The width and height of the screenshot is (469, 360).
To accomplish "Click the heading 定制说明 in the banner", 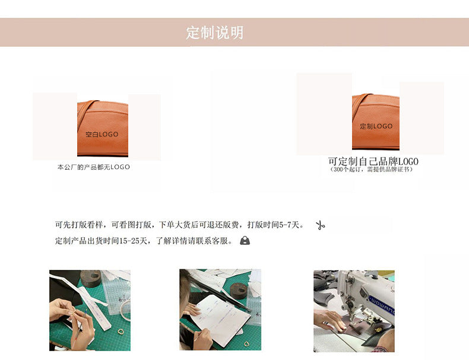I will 215,33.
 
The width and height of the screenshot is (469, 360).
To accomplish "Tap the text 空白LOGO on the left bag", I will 102,135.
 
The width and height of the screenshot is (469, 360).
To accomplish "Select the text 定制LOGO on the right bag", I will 376,126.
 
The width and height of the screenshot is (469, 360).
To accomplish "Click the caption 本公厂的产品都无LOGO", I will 93,167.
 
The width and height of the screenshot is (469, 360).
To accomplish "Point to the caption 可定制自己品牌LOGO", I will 373,161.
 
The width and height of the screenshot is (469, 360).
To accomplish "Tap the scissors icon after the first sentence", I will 321,225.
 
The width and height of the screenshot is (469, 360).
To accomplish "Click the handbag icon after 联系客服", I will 245,241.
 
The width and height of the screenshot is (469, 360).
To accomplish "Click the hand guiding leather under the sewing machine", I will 328,320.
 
